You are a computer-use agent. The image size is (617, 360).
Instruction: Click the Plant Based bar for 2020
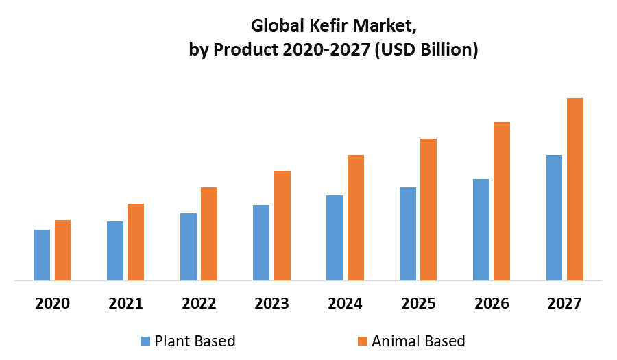42,255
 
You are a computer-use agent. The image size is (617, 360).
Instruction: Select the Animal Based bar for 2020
62,250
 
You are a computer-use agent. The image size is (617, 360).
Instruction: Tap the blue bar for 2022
189,247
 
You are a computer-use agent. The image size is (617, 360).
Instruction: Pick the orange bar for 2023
282,226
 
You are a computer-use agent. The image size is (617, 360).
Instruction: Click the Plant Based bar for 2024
335,238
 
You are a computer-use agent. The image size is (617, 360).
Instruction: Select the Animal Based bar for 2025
428,209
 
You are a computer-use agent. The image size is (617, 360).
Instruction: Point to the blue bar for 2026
481,230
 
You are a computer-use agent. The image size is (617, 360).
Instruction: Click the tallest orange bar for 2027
575,189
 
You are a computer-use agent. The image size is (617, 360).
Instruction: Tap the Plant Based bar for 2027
554,217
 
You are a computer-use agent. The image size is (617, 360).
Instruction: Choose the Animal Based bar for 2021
136,242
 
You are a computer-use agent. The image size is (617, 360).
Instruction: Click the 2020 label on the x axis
52,303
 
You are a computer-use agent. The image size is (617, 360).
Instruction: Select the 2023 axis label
271,303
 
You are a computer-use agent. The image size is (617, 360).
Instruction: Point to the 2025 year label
418,303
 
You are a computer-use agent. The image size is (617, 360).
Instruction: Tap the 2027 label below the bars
564,303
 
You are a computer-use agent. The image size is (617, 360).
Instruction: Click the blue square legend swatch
145,341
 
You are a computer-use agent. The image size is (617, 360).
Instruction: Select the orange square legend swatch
363,341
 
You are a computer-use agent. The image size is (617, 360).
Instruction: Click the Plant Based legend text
195,341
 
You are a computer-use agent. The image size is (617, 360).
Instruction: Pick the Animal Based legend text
418,341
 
